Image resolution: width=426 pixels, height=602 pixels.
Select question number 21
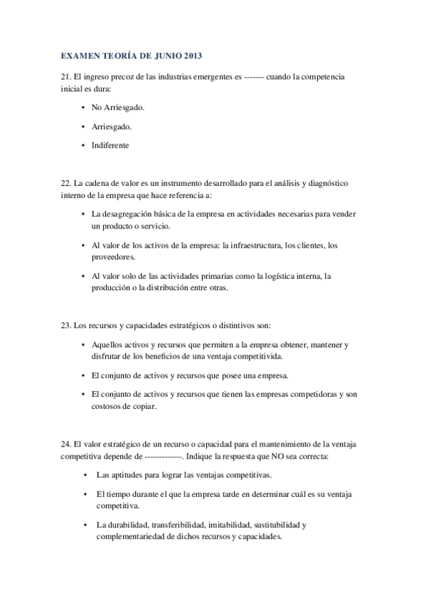click(x=65, y=77)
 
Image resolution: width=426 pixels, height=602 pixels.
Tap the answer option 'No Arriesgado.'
click(x=118, y=107)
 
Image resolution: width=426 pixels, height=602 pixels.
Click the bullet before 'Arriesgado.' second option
click(x=84, y=126)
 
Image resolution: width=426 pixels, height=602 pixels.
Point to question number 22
click(x=65, y=182)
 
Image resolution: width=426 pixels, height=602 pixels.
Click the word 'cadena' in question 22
click(x=100, y=182)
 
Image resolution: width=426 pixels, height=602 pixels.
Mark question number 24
click(x=65, y=444)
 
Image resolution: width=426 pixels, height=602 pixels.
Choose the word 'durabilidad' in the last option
click(x=130, y=525)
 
